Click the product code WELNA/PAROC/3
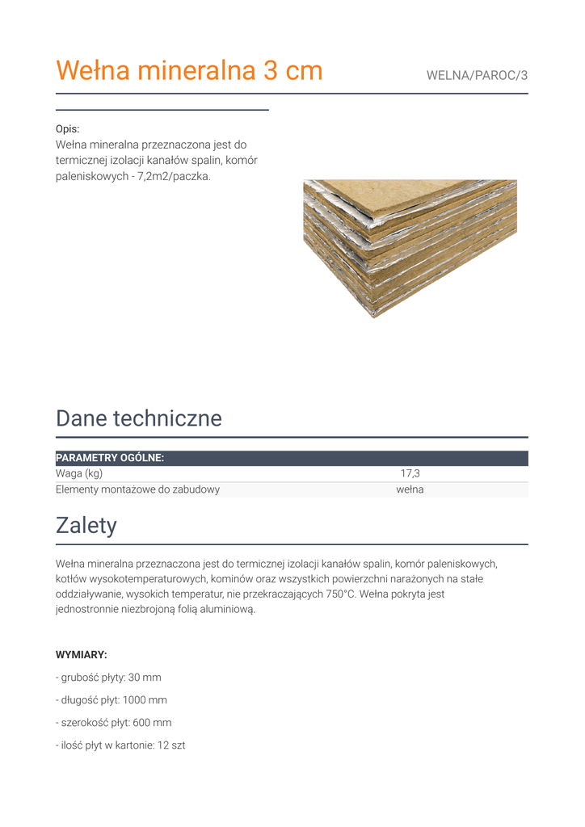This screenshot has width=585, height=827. tap(477, 76)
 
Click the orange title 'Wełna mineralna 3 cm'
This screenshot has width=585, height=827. tap(189, 71)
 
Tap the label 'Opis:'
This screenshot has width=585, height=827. tap(68, 129)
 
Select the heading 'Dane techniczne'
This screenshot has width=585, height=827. tap(138, 418)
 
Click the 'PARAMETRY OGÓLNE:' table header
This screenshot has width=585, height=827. tap(110, 458)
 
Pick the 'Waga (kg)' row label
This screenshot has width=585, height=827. tap(79, 473)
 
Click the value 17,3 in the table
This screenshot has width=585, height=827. tap(410, 473)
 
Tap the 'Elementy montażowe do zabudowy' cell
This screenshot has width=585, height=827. tap(137, 489)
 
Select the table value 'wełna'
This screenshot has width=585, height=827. tap(410, 489)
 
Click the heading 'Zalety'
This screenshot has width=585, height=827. tap(86, 526)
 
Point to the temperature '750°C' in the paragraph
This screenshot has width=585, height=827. tap(340, 594)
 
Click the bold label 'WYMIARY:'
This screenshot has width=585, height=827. tap(81, 655)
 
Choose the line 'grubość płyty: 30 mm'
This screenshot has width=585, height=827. tap(111, 678)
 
